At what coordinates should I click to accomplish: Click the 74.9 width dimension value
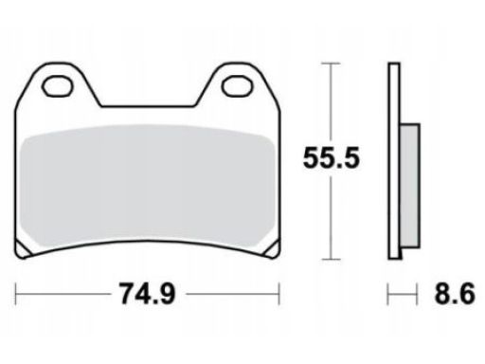(147, 294)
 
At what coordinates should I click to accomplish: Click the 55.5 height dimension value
(331, 158)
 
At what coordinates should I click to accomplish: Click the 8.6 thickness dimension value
(455, 294)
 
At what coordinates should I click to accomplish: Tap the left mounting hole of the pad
(57, 86)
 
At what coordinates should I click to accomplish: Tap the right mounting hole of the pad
(238, 86)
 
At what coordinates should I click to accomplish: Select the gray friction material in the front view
(147, 187)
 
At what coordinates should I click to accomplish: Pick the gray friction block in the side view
(410, 186)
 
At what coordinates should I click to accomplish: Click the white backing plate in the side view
(394, 161)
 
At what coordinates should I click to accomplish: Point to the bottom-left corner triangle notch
(22, 249)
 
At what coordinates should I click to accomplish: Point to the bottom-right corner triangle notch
(274, 249)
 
